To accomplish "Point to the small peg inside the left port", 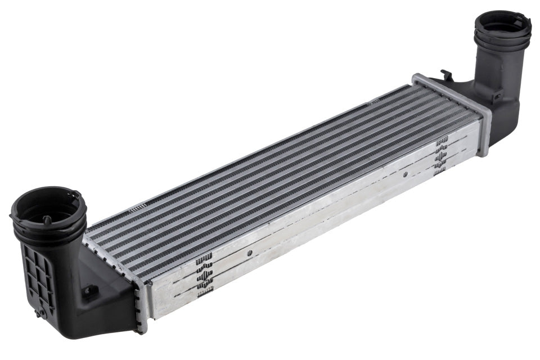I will pos(47,219).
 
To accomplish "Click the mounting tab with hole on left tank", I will pos(89,291).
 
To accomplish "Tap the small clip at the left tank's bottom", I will pos(39,312).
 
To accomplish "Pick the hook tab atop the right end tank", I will pos(445,74).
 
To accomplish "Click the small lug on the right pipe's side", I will pos(497,96).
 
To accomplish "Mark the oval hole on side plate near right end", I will pos(404,175).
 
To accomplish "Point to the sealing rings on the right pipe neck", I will pos(502,42).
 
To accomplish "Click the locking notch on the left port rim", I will pos(74,195).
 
